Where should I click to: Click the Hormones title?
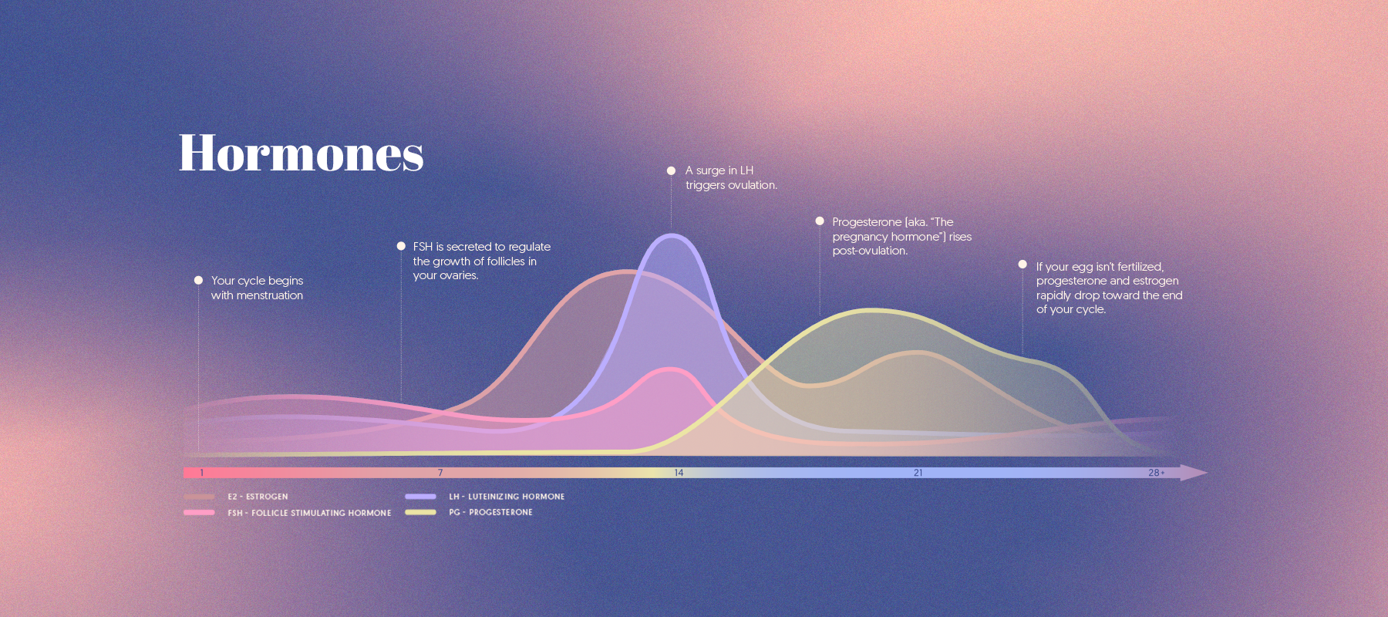pos(301,153)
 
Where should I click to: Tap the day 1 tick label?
pos(202,473)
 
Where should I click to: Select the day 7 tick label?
pos(440,473)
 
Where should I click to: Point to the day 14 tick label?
pos(679,473)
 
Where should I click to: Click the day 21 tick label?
pos(918,473)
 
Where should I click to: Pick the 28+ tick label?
pos(1156,473)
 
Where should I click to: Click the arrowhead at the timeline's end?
pos(1194,473)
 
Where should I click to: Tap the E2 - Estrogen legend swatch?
pos(199,497)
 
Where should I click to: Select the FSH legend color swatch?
pos(199,512)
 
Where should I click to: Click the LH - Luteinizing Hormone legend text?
pos(507,497)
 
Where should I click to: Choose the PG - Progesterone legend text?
pos(490,512)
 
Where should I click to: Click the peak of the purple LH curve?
pos(672,235)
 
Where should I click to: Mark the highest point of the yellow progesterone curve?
pos(871,311)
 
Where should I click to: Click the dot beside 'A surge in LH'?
pos(671,170)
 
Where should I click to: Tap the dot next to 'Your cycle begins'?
pos(198,280)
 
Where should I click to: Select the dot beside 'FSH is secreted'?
pos(401,246)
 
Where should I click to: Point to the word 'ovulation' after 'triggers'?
pos(753,185)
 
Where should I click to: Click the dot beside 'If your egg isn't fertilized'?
pos(1022,264)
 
